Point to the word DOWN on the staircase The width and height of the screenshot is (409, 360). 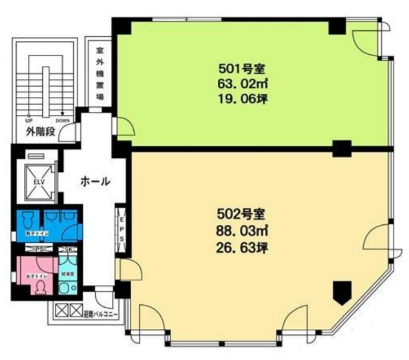pyautogui.click(x=63, y=120)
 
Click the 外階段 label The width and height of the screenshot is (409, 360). pyautogui.click(x=40, y=132)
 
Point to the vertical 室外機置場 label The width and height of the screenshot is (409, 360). pyautogui.click(x=101, y=76)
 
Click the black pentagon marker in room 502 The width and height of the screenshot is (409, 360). pyautogui.click(x=342, y=292)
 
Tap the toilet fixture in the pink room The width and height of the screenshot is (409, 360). pyautogui.click(x=40, y=287)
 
